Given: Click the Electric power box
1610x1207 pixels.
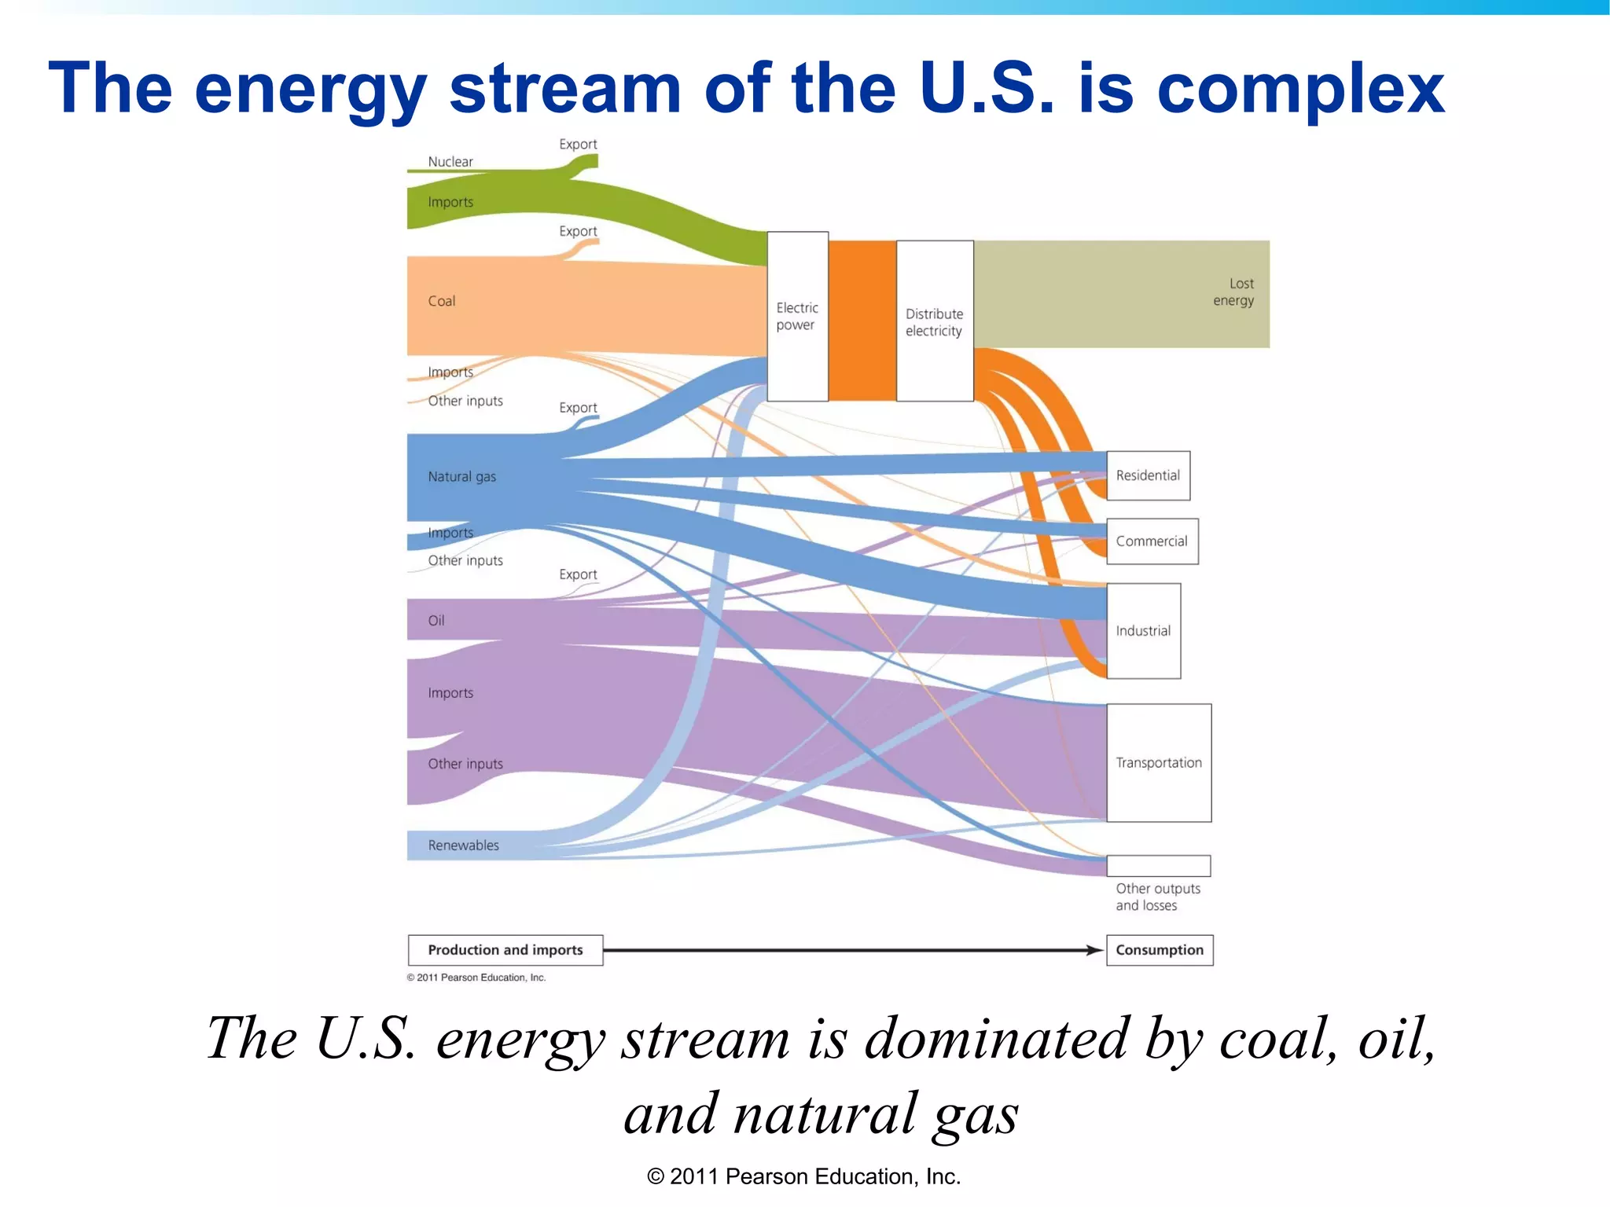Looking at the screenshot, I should click(x=797, y=316).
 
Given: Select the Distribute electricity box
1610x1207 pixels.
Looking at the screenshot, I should click(x=934, y=321).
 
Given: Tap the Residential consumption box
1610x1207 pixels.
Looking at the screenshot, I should click(x=1148, y=475).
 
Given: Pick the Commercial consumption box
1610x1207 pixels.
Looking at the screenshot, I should click(x=1152, y=541).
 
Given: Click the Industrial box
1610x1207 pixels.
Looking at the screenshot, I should click(x=1143, y=631).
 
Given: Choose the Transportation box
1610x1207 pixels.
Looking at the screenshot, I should click(x=1159, y=762).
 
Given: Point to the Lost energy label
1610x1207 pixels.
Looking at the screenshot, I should click(x=1234, y=292).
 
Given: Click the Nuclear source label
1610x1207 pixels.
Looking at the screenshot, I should click(x=450, y=162).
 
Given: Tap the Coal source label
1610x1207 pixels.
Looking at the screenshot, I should click(x=442, y=301).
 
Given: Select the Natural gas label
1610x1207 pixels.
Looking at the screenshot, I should click(x=461, y=477).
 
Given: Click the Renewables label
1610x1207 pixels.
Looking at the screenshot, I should click(x=463, y=846).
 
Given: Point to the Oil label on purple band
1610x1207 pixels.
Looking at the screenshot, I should click(x=436, y=621).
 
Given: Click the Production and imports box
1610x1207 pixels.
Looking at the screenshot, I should click(x=505, y=950).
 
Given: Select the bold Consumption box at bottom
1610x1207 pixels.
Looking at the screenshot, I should click(x=1160, y=950).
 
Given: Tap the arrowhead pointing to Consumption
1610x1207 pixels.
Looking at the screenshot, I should click(x=1094, y=950).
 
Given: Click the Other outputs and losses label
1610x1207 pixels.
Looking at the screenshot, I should click(x=1157, y=897).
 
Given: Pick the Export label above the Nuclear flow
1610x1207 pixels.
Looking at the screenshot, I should click(x=578, y=145).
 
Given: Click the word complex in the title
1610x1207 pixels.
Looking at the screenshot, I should click(x=1301, y=88).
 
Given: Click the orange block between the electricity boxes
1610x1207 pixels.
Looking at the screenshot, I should click(x=862, y=321).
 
